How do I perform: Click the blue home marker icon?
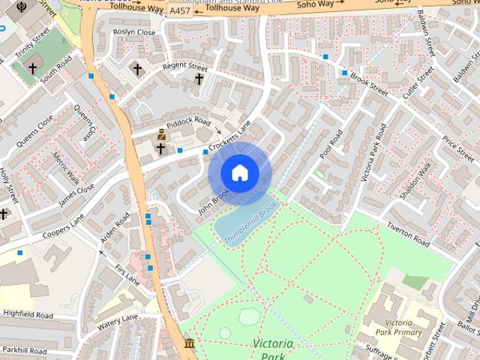point(239,172)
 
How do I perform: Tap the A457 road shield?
point(180,11)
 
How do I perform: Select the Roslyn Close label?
point(133,33)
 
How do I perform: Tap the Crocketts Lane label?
point(228,137)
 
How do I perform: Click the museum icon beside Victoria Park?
point(189,344)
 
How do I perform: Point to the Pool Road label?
point(331,145)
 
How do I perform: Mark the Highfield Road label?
point(28,314)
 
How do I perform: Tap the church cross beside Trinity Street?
point(32,69)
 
